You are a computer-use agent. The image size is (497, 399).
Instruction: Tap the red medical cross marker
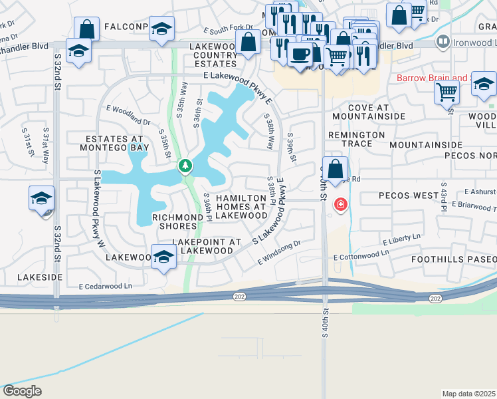click(340, 204)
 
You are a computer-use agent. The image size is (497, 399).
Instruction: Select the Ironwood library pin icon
click(443, 42)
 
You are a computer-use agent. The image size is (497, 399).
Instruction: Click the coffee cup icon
click(300, 53)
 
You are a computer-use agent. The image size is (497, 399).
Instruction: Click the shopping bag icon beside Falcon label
click(87, 29)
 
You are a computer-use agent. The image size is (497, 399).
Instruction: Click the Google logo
click(23, 391)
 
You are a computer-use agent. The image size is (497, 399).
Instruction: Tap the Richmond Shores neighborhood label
click(177, 221)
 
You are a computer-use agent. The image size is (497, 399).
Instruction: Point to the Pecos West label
click(404, 196)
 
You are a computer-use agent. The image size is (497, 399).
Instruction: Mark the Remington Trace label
click(357, 139)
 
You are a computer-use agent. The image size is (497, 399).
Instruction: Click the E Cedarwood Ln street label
click(105, 287)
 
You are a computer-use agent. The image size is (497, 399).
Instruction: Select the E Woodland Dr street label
click(128, 115)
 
